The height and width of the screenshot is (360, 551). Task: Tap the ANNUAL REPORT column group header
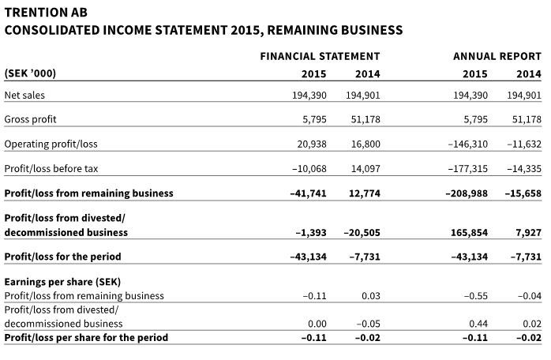(x=497, y=56)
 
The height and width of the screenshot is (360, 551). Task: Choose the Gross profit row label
(x=30, y=119)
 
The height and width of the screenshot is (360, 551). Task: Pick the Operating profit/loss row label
(x=51, y=144)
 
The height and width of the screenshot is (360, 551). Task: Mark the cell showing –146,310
(x=467, y=144)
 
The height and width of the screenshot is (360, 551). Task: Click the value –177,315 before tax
(x=467, y=168)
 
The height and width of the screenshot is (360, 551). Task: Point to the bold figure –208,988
(x=466, y=193)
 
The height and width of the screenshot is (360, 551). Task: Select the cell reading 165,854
(x=469, y=232)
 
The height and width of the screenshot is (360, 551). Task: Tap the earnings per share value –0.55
(x=475, y=296)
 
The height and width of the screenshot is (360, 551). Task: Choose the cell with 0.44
(x=478, y=324)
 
